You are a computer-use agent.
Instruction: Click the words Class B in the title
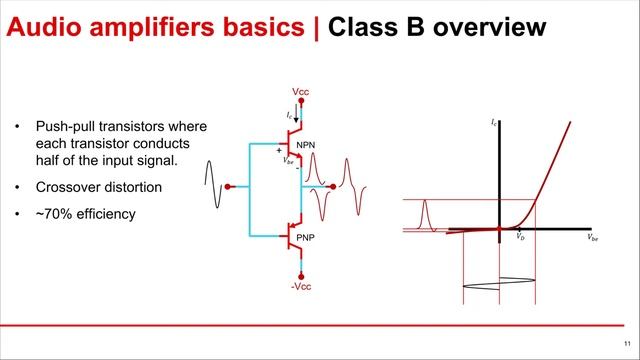374,27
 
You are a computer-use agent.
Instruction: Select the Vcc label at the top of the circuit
300,92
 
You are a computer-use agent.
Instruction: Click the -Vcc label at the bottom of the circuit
300,287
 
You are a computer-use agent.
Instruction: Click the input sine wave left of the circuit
212,186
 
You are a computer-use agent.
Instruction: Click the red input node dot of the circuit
230,186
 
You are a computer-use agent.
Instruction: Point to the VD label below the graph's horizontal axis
521,237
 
